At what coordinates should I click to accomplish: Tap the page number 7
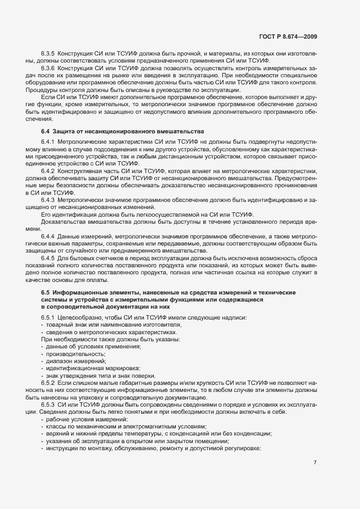pos(315,463)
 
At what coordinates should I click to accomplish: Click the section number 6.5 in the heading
pos(46,293)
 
